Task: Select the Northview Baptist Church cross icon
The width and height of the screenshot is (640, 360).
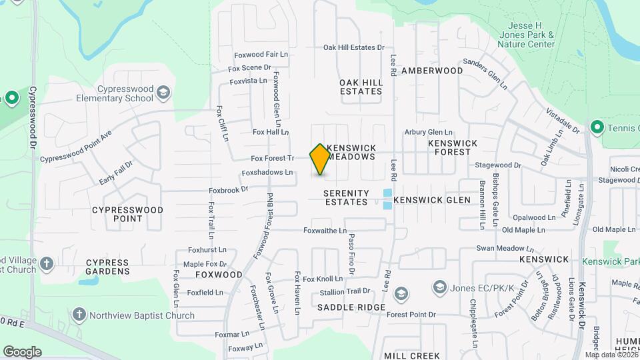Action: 79,315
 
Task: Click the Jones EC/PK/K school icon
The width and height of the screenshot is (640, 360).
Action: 439,287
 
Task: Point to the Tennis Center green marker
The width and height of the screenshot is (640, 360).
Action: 597,127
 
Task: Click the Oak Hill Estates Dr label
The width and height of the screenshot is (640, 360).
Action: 354,47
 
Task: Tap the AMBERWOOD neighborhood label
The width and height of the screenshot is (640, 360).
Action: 432,70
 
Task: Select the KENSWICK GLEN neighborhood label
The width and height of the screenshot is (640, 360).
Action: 432,200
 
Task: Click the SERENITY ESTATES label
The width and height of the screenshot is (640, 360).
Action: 345,197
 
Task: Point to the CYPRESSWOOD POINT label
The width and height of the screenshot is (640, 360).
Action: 127,213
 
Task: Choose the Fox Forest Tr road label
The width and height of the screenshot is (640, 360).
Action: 272,159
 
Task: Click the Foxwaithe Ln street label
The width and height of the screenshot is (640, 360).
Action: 325,231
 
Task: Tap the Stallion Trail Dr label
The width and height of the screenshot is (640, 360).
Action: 345,291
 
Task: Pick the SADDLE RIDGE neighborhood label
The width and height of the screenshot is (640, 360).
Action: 351,307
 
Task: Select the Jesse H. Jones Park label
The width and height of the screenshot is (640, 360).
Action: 526,35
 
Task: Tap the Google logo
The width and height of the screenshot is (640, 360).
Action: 22,351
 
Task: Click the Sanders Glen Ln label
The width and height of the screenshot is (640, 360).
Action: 485,75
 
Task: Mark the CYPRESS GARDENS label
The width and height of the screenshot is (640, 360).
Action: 107,267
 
